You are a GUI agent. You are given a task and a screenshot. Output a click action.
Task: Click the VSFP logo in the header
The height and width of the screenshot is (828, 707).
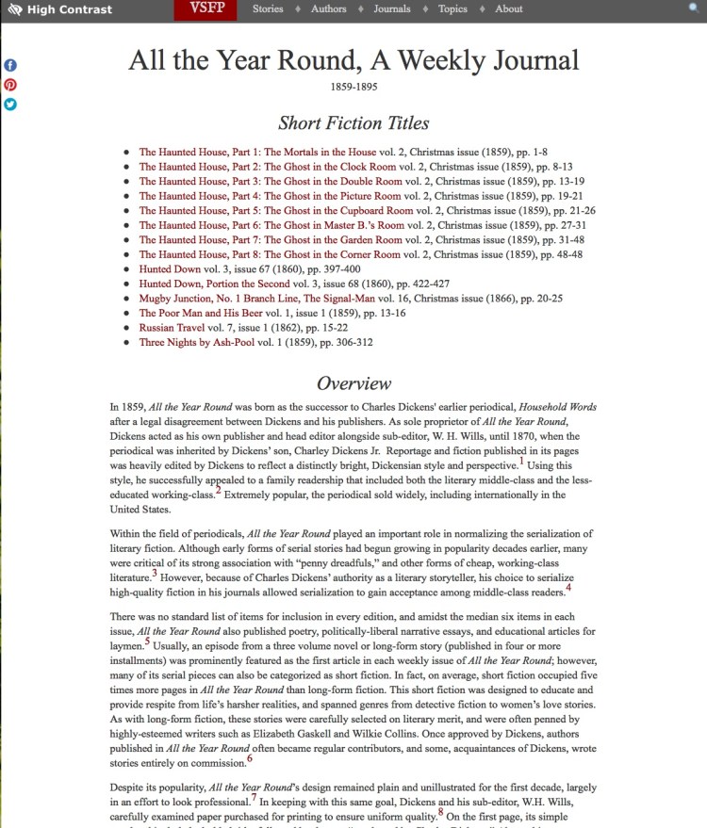[x=206, y=9]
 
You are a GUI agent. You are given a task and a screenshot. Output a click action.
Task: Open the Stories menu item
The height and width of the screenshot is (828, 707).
[x=268, y=9]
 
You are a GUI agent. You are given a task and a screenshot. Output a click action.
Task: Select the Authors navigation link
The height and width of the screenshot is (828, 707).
[x=328, y=9]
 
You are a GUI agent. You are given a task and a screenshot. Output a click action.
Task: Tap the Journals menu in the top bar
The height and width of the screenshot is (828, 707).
[x=391, y=9]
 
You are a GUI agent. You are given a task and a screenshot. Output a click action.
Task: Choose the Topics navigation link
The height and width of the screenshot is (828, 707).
[x=452, y=9]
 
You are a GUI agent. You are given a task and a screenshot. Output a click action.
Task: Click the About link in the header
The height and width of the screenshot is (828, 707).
[x=508, y=9]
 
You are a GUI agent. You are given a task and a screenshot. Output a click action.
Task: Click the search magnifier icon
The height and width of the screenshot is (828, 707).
[x=695, y=8]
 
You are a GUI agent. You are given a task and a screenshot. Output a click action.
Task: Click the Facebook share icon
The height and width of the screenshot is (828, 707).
[x=10, y=65]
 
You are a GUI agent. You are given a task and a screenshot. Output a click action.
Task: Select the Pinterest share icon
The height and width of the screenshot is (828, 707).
[x=10, y=85]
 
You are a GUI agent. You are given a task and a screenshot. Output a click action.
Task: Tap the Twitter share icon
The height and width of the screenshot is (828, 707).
[x=10, y=105]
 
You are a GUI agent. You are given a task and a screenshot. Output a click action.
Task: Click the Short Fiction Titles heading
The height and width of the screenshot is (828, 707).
[x=353, y=123]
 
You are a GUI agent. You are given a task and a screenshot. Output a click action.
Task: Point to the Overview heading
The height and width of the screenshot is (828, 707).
[x=353, y=383]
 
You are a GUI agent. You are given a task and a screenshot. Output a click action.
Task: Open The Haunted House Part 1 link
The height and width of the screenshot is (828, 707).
[x=257, y=152]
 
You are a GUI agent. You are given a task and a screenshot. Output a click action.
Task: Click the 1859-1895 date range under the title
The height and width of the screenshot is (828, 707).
[x=353, y=87]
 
